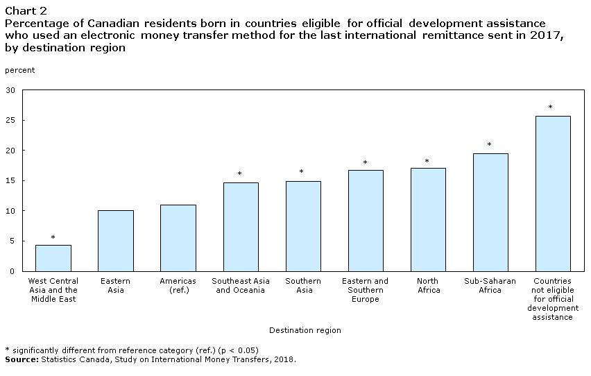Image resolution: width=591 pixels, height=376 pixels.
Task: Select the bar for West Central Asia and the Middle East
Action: tap(53, 258)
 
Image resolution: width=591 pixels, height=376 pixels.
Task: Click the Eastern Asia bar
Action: tap(116, 241)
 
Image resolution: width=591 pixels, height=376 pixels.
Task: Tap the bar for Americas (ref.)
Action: tap(178, 238)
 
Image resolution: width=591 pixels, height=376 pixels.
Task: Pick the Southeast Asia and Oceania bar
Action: tap(241, 227)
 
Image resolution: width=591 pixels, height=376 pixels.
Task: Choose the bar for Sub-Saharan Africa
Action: tap(490, 212)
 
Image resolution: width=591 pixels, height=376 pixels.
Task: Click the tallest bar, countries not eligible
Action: tap(553, 194)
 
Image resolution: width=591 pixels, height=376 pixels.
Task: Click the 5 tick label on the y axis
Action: tap(12, 241)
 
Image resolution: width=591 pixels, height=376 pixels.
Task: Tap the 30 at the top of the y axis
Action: tap(10, 90)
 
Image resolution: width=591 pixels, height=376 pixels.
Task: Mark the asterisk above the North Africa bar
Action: tap(427, 162)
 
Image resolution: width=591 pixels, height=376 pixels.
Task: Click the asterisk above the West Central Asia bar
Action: tap(53, 237)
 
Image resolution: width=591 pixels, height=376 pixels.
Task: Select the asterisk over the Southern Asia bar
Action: tap(302, 171)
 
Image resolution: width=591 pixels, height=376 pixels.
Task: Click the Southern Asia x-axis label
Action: tap(303, 286)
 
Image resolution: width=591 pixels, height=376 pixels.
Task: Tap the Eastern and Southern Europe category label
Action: tap(366, 290)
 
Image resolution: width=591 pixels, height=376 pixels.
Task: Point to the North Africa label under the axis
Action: tap(428, 286)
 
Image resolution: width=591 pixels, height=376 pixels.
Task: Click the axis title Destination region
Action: tap(305, 330)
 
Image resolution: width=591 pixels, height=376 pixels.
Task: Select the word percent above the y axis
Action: tap(19, 71)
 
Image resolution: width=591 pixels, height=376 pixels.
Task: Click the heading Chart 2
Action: tap(26, 10)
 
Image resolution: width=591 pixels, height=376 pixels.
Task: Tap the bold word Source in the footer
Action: tap(22, 359)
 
